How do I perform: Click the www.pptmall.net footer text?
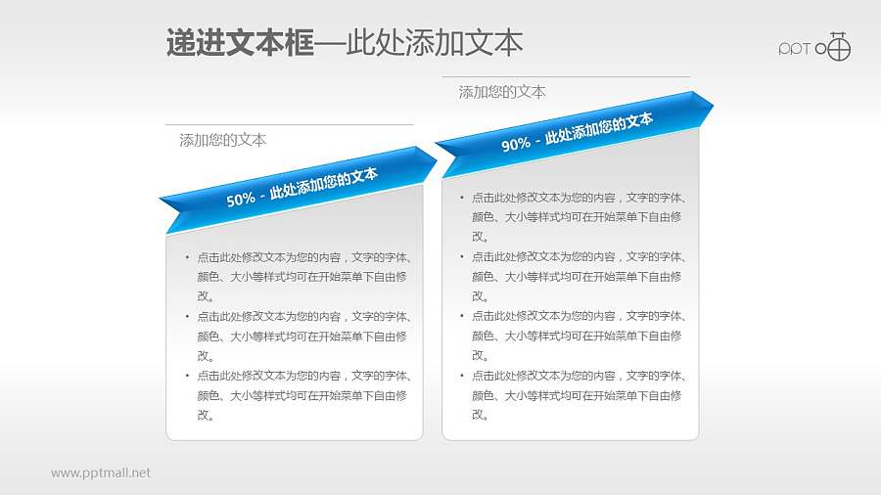pos(101,472)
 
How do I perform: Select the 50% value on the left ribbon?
pos(241,199)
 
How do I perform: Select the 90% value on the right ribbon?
pos(516,145)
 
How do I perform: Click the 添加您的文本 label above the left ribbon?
pos(223,140)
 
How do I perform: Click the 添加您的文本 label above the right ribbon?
pos(502,92)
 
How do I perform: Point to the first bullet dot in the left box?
pos(187,258)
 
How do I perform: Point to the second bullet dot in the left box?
pos(187,317)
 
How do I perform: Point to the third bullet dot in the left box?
pos(187,376)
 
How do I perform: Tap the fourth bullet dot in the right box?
pos(462,376)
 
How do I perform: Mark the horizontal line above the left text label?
pos(289,125)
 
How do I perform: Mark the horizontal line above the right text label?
pos(566,76)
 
